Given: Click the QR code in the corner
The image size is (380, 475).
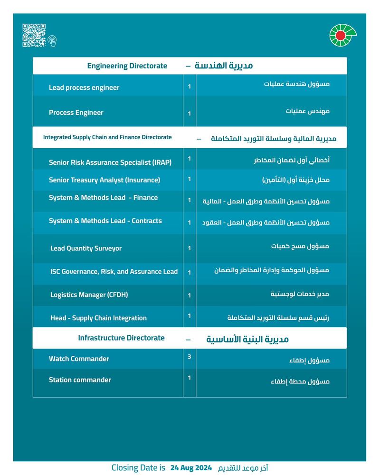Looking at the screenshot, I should click(34, 35).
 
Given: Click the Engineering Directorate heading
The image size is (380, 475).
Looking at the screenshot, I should click(127, 66).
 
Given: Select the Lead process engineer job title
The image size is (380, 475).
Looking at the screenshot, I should click(84, 87).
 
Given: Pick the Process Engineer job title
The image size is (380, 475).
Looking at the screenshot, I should click(76, 113).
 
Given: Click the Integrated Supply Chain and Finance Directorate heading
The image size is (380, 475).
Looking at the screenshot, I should click(107, 137).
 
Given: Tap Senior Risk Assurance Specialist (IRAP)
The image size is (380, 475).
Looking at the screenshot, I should click(110, 162).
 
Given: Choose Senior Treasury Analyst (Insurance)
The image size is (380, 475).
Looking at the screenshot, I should click(104, 180).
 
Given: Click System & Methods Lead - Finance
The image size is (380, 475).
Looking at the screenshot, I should click(103, 198).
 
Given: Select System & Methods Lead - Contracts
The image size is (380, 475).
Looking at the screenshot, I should click(105, 221).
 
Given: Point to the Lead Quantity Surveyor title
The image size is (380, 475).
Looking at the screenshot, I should click(86, 248).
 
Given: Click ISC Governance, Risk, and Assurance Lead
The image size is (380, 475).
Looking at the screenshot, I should click(114, 272).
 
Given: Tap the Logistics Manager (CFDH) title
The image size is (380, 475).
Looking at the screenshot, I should click(89, 295).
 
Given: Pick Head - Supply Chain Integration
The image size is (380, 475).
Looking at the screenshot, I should click(98, 318).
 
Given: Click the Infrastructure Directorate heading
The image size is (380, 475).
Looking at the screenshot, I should click(121, 338).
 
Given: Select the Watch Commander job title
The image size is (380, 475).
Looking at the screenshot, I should click(79, 359).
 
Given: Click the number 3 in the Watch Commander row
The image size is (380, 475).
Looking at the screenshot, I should click(189, 356).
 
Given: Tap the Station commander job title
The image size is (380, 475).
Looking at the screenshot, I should click(80, 380).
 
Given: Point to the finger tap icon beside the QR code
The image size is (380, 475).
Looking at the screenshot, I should click(52, 41).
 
